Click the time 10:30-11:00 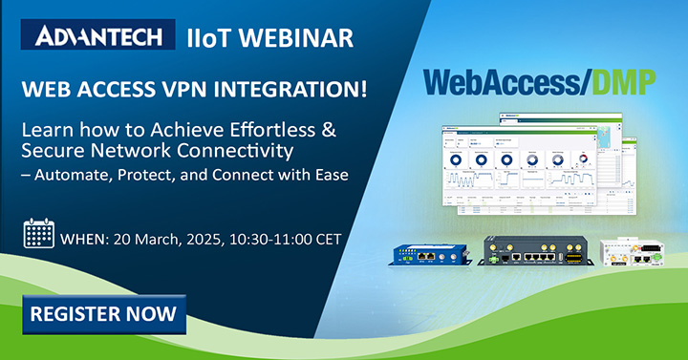pyautogui.click(x=277, y=235)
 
